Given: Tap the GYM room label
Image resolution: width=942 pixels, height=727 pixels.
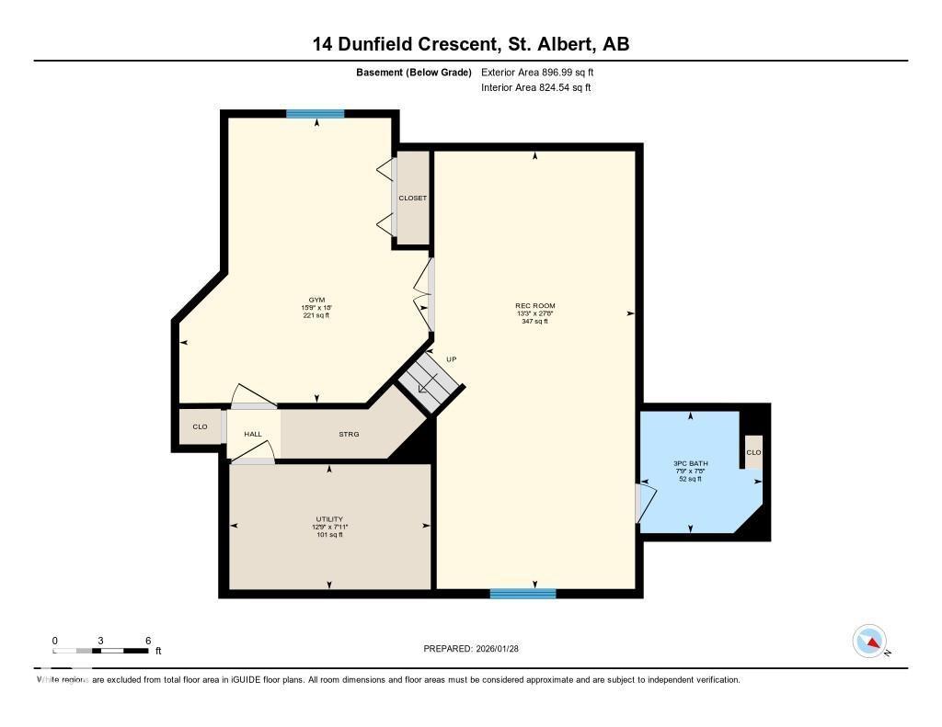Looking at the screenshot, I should pyautogui.click(x=316, y=300).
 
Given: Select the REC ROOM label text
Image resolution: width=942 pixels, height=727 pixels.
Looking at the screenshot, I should pyautogui.click(x=535, y=306).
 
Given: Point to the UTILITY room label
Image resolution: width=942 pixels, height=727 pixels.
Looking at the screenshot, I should pyautogui.click(x=329, y=519).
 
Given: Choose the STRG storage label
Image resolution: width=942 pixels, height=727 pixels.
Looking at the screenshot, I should pyautogui.click(x=349, y=434).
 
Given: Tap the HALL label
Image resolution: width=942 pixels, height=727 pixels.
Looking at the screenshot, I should pyautogui.click(x=253, y=434).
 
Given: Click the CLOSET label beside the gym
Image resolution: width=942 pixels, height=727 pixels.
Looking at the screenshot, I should pyautogui.click(x=412, y=198).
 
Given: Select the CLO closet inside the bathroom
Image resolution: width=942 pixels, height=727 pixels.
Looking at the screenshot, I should pyautogui.click(x=753, y=452).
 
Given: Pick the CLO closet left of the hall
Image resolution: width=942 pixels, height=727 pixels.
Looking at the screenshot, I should pyautogui.click(x=200, y=426).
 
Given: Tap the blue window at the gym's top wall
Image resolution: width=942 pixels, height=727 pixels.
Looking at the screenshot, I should pyautogui.click(x=315, y=114).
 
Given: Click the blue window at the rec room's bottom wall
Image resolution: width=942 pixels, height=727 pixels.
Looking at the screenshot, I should pyautogui.click(x=523, y=594).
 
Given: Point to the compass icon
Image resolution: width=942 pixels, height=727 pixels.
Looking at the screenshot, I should pyautogui.click(x=869, y=641).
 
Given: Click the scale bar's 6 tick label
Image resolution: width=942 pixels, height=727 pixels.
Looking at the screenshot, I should pyautogui.click(x=147, y=640).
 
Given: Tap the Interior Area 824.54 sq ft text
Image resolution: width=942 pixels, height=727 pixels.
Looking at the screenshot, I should pyautogui.click(x=535, y=88).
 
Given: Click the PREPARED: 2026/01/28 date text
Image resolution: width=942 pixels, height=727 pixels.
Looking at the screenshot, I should pyautogui.click(x=477, y=649).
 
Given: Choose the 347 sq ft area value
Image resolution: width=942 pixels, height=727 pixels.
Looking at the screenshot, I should pyautogui.click(x=534, y=322).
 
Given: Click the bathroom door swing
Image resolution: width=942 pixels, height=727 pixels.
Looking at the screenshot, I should pyautogui.click(x=648, y=504).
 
